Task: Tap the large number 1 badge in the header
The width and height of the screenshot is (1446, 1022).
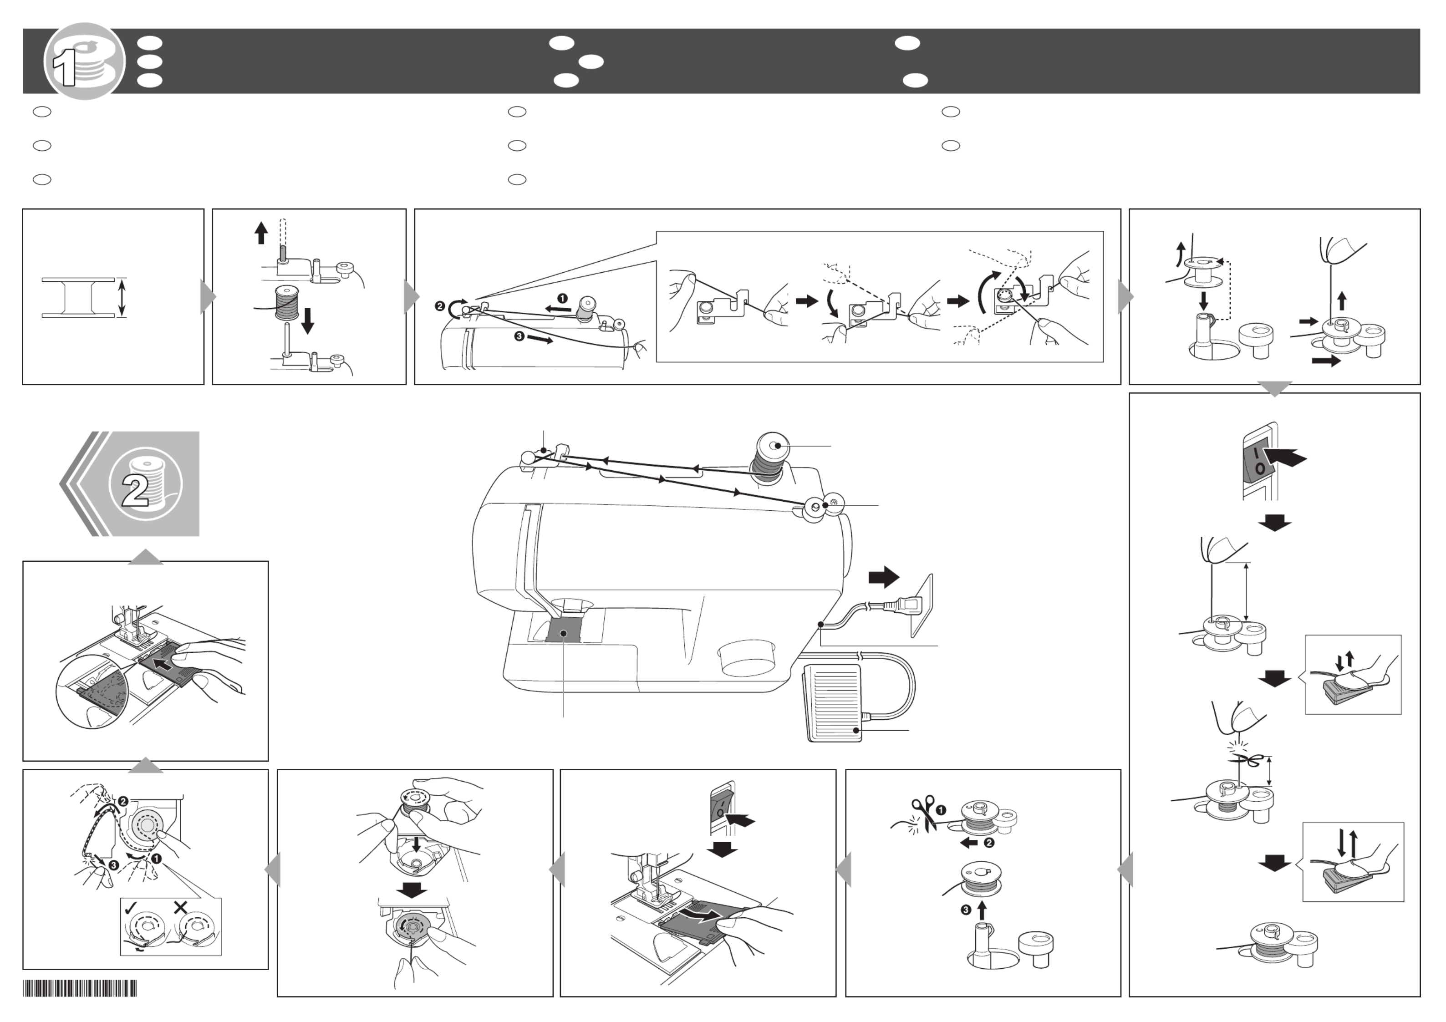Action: pyautogui.click(x=84, y=61)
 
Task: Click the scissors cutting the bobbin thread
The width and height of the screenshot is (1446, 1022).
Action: pyautogui.click(x=923, y=813)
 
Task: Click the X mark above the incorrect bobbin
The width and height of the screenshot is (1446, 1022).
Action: pyautogui.click(x=180, y=907)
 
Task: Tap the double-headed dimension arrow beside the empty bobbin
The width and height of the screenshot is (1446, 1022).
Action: pyautogui.click(x=122, y=297)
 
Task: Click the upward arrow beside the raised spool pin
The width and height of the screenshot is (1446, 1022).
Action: pyautogui.click(x=261, y=232)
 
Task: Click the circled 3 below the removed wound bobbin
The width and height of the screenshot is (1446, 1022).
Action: pyautogui.click(x=966, y=910)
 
